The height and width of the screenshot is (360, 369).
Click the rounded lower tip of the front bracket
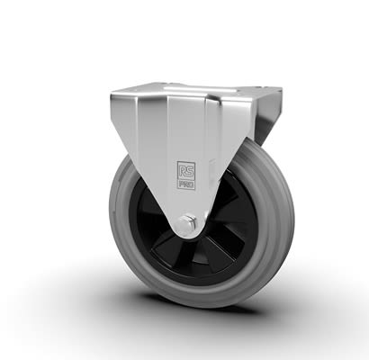185,236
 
